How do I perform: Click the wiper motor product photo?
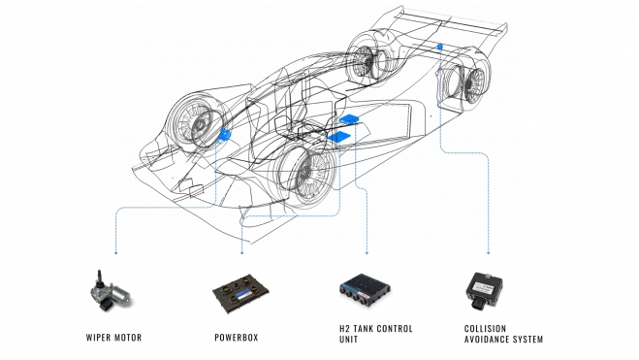(111, 291)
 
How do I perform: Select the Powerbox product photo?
(240, 293)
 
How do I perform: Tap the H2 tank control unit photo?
(366, 290)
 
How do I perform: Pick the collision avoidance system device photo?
(484, 291)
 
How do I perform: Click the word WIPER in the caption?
(97, 338)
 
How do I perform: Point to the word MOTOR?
(127, 338)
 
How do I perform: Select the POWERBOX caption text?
(237, 338)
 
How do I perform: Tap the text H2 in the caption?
(344, 329)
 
